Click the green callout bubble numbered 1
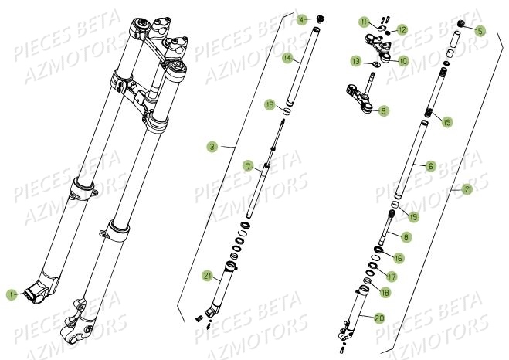(12, 294)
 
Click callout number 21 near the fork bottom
(207, 276)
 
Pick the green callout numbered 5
(480, 32)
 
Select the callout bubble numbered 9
(384, 111)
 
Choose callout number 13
(356, 59)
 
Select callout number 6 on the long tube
(430, 165)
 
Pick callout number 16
(399, 257)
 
